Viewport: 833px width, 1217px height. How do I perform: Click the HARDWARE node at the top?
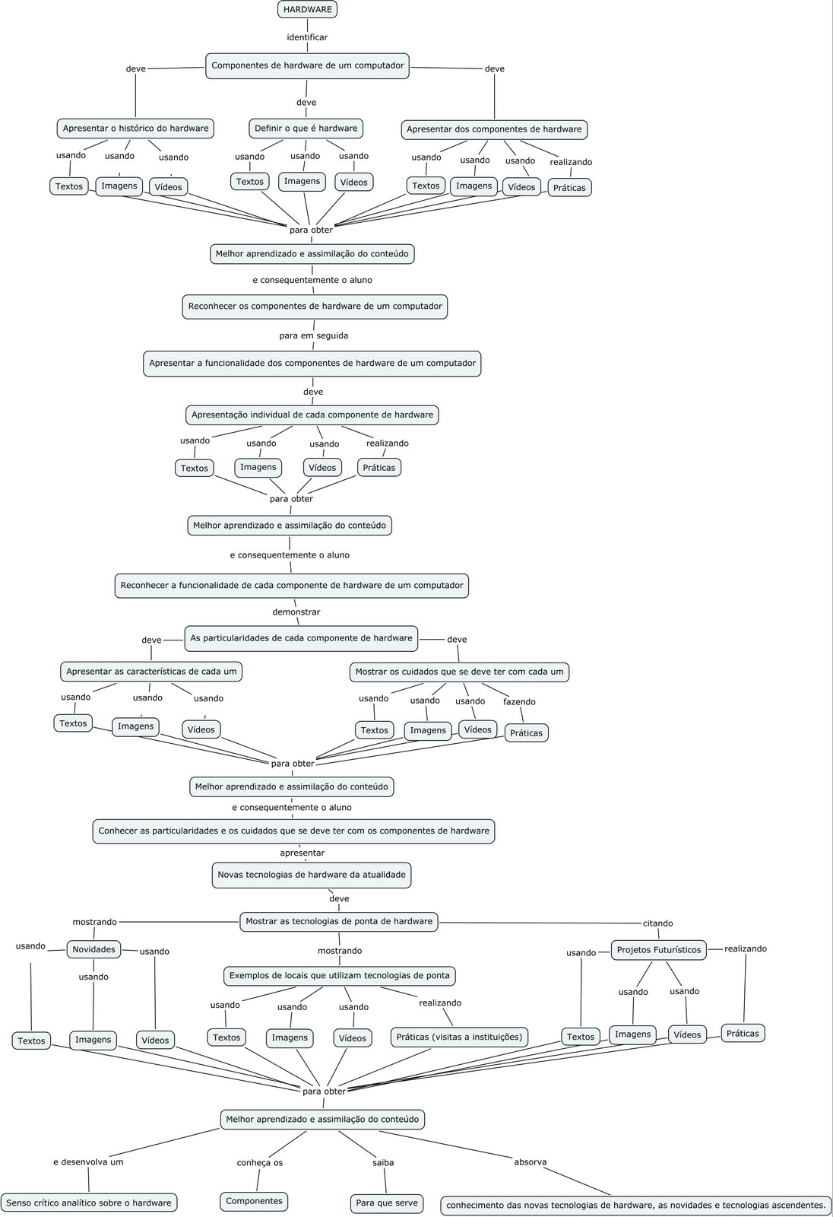click(x=307, y=9)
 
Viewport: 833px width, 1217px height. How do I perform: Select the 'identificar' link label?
click(x=307, y=37)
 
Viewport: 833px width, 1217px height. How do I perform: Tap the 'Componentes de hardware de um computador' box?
click(x=307, y=65)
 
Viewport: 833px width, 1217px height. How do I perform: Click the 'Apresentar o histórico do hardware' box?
click(x=135, y=129)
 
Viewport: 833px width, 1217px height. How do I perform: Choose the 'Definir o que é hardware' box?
click(x=306, y=129)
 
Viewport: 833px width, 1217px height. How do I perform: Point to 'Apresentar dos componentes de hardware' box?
click(x=494, y=129)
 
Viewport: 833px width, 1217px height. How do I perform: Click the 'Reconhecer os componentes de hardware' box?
click(x=315, y=307)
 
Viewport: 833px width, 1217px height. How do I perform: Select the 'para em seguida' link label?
click(x=313, y=335)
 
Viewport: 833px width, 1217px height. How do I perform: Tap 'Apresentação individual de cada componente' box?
click(x=312, y=415)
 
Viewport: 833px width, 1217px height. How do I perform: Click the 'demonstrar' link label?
click(x=296, y=612)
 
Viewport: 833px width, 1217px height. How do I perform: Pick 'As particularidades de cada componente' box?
click(x=301, y=638)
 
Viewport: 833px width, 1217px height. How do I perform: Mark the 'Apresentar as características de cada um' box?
click(x=151, y=672)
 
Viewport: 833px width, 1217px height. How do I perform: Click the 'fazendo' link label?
click(x=519, y=702)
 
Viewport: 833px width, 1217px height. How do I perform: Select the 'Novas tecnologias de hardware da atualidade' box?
click(x=311, y=875)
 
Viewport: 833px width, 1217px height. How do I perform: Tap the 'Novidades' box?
click(x=93, y=949)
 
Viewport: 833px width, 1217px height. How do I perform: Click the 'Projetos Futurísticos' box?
click(x=658, y=950)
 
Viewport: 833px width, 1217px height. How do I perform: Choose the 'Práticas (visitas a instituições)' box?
click(x=459, y=1037)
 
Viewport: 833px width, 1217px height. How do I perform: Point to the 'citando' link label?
click(x=658, y=923)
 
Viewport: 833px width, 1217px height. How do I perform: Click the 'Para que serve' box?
click(x=386, y=1203)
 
